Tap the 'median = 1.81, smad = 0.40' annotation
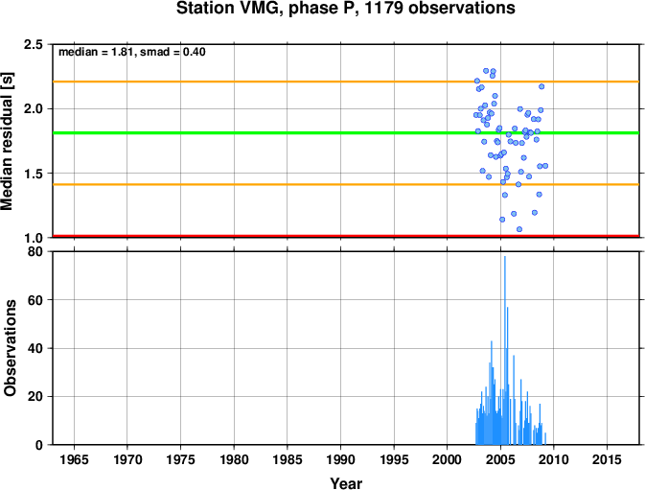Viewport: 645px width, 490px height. tap(132, 52)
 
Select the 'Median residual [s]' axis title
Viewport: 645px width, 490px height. tap(7, 142)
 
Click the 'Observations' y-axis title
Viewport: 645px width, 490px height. tap(10, 348)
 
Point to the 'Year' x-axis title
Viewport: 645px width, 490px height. tap(346, 483)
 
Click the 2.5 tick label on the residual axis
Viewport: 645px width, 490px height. tap(34, 44)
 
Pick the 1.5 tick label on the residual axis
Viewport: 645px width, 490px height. tap(34, 174)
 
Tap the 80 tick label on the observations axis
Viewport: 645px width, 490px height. tap(35, 251)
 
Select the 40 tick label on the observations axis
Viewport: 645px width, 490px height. tap(35, 348)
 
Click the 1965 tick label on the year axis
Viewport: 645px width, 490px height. tap(74, 459)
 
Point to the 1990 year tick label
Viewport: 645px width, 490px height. tap(340, 459)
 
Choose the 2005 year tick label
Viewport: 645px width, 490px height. tap(500, 459)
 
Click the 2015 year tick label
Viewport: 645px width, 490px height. tap(608, 459)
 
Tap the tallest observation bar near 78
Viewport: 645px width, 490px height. tap(505, 350)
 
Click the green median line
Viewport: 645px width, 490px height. tap(346, 133)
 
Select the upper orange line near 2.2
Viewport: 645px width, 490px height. tap(346, 82)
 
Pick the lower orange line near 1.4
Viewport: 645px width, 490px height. tap(346, 184)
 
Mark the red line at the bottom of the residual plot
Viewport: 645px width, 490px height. tap(346, 236)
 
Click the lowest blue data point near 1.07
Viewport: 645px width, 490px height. tap(519, 229)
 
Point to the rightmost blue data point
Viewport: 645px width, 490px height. tap(545, 166)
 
